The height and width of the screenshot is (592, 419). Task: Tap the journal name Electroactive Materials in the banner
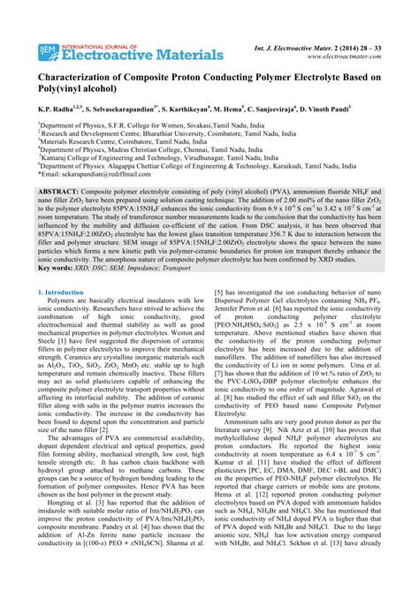coord(141,56)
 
